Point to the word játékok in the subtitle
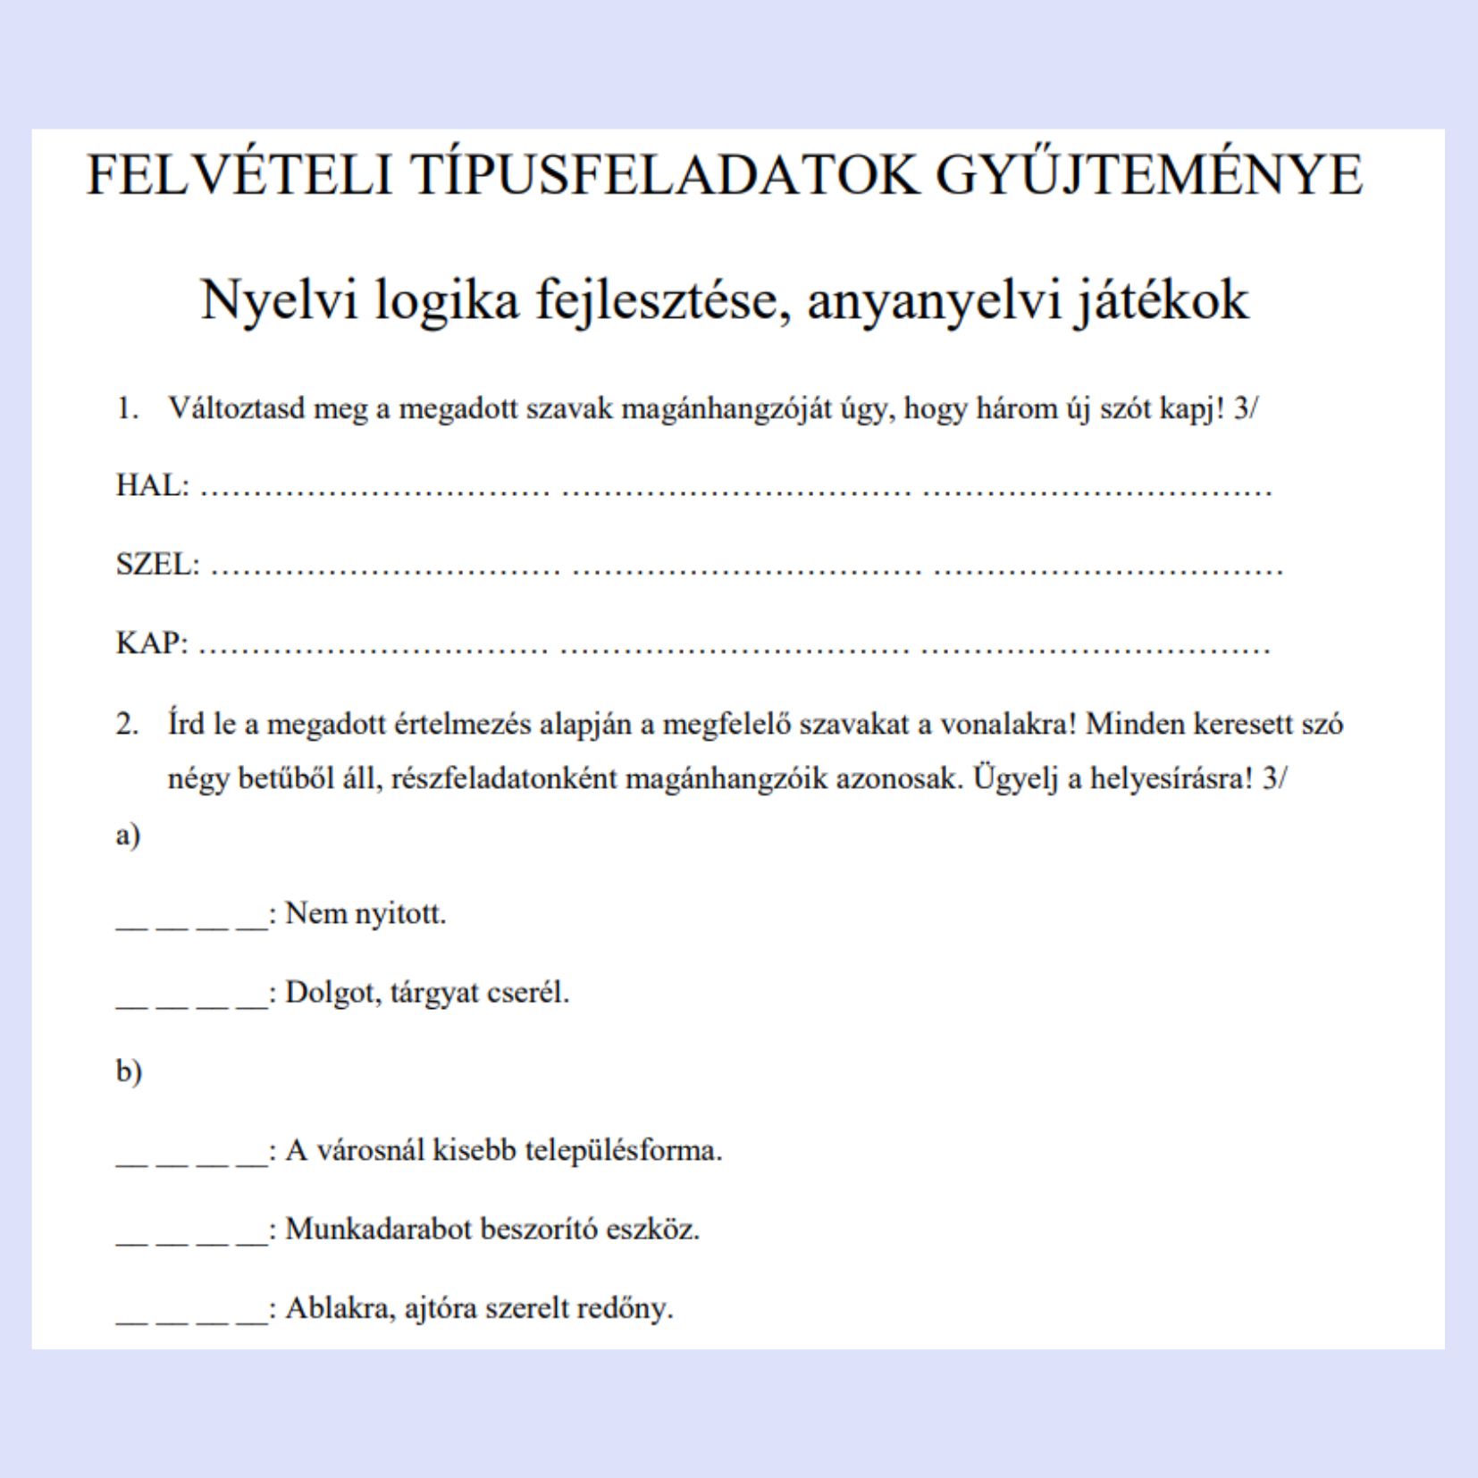click(1161, 299)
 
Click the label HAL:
click(152, 485)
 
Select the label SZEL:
click(157, 564)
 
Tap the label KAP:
click(152, 642)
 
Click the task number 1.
click(127, 408)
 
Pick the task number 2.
click(127, 723)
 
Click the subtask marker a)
click(128, 835)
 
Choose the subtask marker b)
click(129, 1070)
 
